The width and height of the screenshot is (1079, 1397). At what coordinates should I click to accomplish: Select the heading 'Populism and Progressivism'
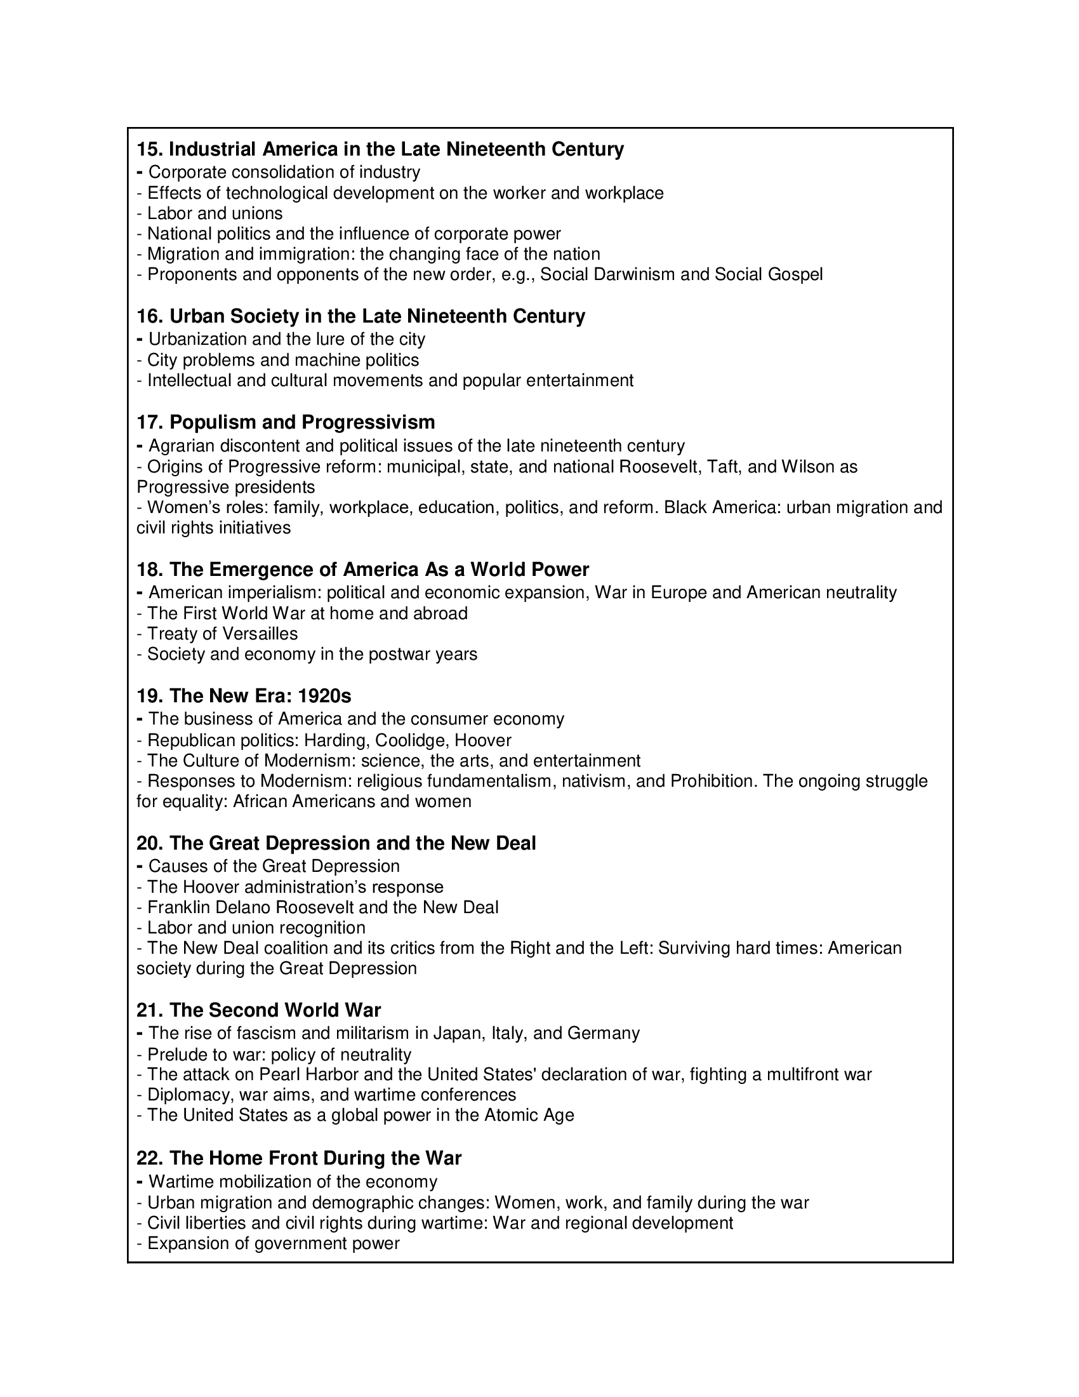301,422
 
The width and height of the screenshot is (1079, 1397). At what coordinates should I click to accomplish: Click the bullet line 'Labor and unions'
215,213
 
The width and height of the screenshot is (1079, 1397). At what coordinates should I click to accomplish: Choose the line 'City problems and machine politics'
283,360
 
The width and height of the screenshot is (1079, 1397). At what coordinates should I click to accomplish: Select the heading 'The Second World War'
275,1010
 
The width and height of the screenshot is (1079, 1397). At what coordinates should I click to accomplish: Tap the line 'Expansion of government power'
273,1243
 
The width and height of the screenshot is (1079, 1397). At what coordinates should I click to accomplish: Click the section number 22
150,1158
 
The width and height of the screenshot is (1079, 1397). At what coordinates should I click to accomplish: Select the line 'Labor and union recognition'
256,928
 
